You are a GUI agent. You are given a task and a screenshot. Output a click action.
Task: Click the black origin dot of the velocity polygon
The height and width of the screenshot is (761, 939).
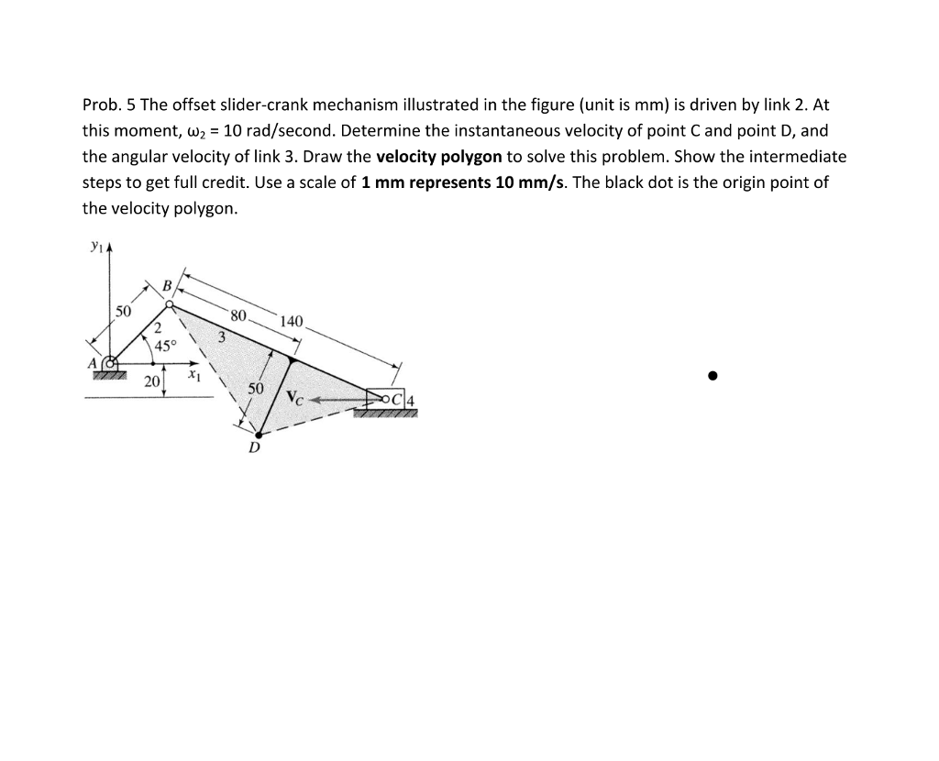712,375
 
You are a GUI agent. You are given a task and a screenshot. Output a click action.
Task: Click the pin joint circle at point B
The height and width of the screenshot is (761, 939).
170,303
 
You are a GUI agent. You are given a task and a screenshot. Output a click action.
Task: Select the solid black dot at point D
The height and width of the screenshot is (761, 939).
260,435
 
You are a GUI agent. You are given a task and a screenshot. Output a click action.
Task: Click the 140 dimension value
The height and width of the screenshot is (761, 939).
291,322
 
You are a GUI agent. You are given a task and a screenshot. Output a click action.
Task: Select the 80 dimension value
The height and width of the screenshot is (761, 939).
238,315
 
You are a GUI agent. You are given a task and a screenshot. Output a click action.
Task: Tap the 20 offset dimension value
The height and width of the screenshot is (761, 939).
151,381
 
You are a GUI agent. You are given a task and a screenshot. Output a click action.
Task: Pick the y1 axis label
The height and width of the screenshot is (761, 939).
94,245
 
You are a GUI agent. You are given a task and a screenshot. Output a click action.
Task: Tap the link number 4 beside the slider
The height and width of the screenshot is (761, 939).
411,399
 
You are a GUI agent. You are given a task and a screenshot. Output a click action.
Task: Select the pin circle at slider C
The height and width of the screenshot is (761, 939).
386,399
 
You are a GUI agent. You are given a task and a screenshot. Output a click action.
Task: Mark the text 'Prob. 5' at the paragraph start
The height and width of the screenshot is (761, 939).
108,105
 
